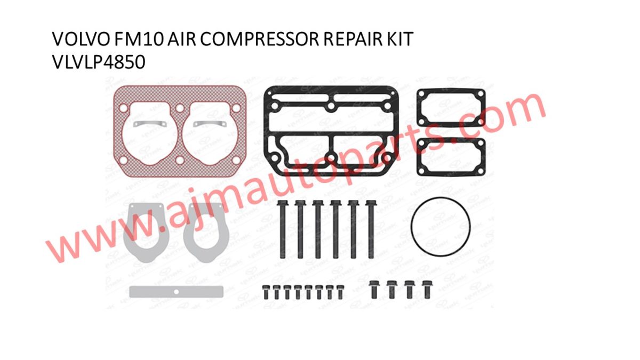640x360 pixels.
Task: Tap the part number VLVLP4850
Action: click(x=98, y=62)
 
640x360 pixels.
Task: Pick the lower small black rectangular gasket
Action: click(x=450, y=156)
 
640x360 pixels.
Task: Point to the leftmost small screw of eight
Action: click(x=266, y=292)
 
